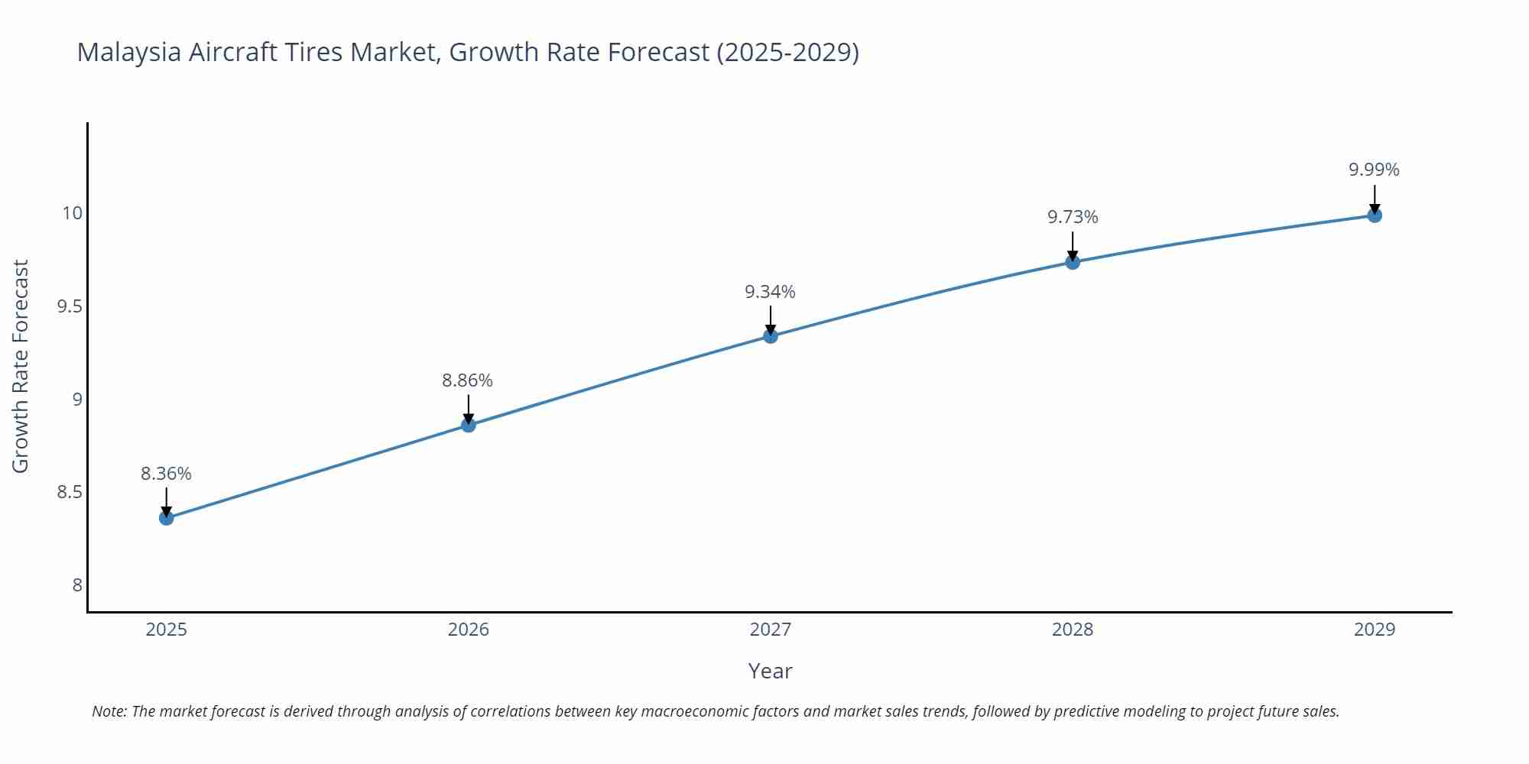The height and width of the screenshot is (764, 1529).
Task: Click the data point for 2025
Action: [166, 518]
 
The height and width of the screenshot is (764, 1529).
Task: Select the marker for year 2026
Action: [469, 425]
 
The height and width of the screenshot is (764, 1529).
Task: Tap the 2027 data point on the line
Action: [771, 335]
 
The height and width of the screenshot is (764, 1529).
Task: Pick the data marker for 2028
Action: [1073, 262]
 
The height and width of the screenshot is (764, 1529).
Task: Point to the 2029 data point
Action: [1375, 215]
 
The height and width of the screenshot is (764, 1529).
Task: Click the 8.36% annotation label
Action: [166, 474]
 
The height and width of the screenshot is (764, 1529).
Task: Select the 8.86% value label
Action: [467, 380]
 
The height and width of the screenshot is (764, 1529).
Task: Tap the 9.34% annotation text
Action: [770, 292]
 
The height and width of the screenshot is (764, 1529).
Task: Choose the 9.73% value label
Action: [1073, 217]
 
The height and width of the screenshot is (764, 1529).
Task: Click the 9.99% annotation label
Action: [1374, 170]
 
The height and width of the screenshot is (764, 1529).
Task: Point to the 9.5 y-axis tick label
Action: [70, 306]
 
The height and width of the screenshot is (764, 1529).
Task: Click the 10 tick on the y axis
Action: [72, 213]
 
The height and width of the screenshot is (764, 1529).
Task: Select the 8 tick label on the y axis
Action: [77, 585]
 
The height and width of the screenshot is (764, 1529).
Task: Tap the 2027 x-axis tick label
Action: [771, 630]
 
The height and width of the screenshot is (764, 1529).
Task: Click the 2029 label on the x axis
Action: [1375, 630]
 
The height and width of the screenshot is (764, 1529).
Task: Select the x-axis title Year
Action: [770, 671]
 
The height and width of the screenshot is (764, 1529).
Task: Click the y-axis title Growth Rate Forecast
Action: [21, 366]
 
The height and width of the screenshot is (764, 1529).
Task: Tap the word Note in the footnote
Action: [109, 711]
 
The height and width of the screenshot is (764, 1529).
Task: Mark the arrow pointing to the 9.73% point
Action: [1073, 246]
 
